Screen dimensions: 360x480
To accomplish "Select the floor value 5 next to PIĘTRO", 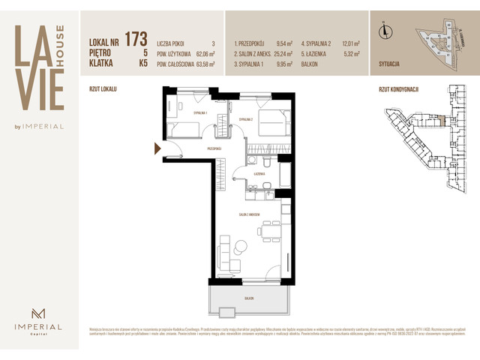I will click(x=143, y=52).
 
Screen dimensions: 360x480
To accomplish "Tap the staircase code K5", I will click(x=142, y=64).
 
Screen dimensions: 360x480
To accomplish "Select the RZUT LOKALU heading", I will click(x=103, y=88).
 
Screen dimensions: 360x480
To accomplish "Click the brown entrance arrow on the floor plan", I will click(x=157, y=148).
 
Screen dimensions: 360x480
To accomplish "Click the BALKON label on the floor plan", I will click(x=249, y=298).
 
